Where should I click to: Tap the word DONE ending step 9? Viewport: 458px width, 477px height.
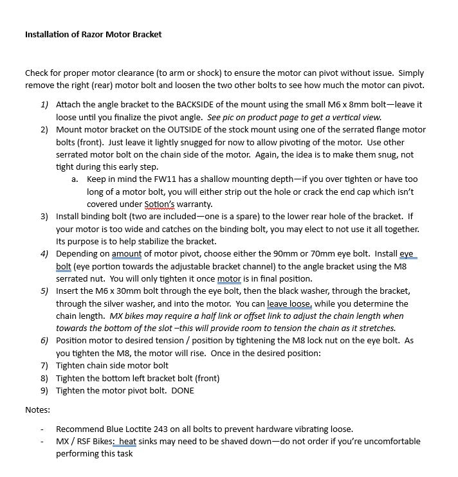pos(181,390)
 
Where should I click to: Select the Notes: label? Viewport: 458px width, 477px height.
pos(37,410)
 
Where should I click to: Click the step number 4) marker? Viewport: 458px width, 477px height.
pos(44,254)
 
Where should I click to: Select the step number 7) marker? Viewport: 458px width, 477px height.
pos(44,365)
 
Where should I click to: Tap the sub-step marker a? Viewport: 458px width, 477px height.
pos(75,179)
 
